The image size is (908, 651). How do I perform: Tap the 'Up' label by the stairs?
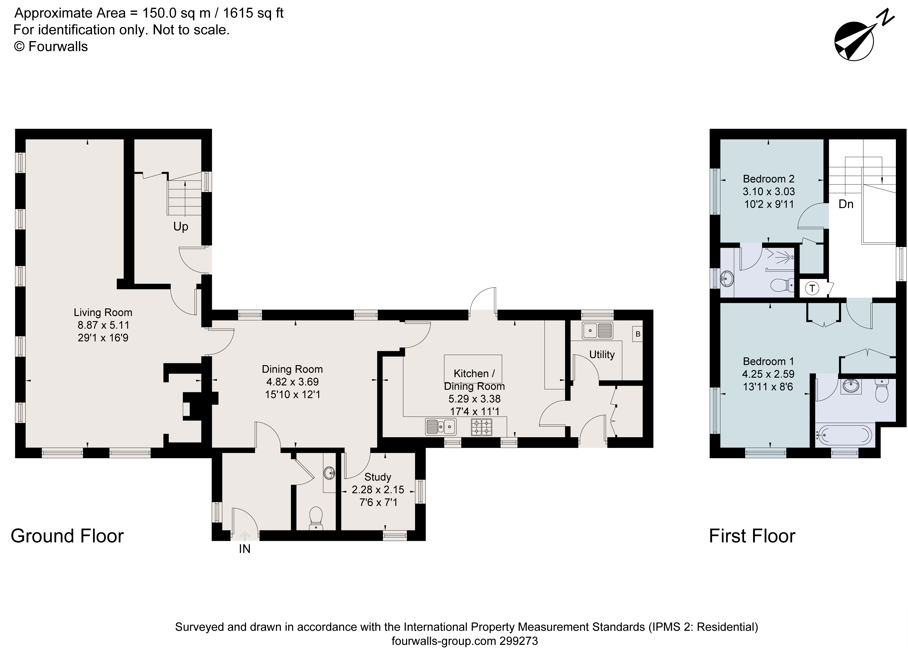(181, 227)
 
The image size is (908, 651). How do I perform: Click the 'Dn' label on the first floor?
(846, 204)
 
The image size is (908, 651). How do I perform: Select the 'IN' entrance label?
(245, 549)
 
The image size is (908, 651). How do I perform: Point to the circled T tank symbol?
(812, 288)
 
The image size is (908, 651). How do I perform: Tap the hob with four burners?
(482, 427)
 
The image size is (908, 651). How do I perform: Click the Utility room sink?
(597, 331)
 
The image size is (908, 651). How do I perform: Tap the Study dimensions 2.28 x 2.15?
(378, 490)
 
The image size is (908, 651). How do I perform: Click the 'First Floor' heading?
(752, 536)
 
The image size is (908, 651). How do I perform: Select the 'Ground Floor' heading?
(67, 536)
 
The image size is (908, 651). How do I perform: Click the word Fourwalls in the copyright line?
(58, 47)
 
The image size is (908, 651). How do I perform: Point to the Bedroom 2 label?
(768, 179)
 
